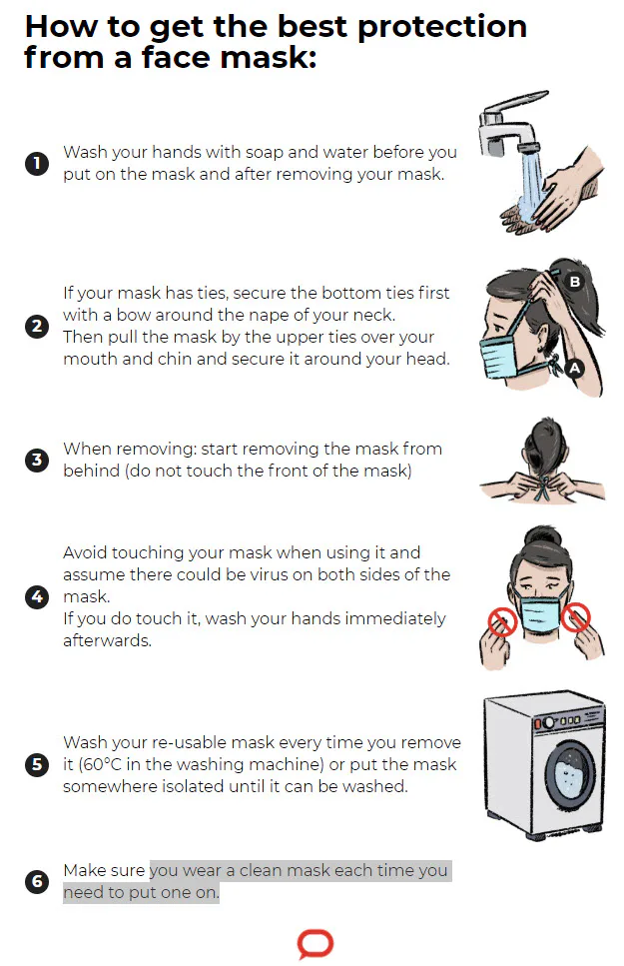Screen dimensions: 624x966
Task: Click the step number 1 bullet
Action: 36,163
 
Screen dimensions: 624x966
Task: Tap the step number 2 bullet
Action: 36,326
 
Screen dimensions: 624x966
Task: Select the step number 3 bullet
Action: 36,460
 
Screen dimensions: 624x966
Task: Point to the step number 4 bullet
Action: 36,596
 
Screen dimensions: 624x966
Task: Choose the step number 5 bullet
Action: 36,764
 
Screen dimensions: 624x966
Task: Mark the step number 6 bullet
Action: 36,882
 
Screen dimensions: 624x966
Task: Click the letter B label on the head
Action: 575,282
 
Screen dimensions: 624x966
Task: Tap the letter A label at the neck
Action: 575,369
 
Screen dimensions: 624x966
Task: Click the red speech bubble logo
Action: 315,943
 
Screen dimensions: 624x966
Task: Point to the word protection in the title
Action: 442,28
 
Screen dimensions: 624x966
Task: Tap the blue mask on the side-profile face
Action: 499,357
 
